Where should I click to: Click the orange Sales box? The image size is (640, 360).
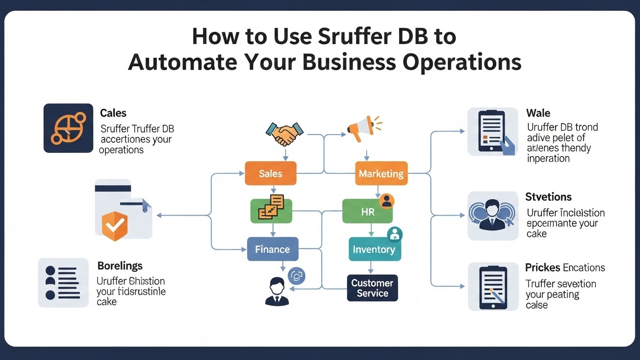click(271, 173)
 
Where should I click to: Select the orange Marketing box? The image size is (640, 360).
click(381, 173)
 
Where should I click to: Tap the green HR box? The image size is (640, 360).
click(367, 211)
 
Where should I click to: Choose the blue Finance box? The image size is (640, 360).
click(272, 249)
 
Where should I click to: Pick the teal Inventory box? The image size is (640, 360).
click(373, 249)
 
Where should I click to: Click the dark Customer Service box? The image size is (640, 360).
click(372, 288)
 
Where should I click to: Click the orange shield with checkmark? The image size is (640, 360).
click(114, 225)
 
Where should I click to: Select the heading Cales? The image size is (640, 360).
click(113, 113)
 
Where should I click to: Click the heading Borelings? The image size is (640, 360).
click(120, 266)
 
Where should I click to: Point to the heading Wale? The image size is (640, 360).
click(538, 113)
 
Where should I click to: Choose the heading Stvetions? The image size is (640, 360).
click(548, 197)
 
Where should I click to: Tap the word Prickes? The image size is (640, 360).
click(542, 268)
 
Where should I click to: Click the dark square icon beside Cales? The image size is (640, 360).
click(68, 128)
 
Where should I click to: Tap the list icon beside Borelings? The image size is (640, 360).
click(63, 283)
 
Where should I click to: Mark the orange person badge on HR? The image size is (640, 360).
click(386, 201)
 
